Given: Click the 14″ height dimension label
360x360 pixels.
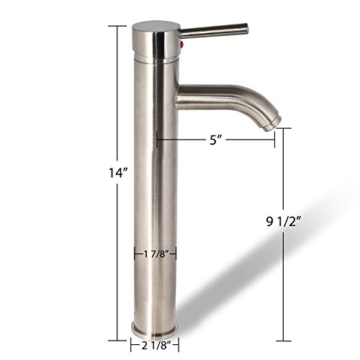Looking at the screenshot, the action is coord(118,172).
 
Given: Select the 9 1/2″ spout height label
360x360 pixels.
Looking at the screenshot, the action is coord(284,222).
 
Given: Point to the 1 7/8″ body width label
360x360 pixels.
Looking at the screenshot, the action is coord(155,253).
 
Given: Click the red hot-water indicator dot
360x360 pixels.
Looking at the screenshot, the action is coord(181,44).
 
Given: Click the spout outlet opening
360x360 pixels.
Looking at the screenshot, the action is coord(273,125).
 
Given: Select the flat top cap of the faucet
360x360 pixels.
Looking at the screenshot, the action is coord(156,26).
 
